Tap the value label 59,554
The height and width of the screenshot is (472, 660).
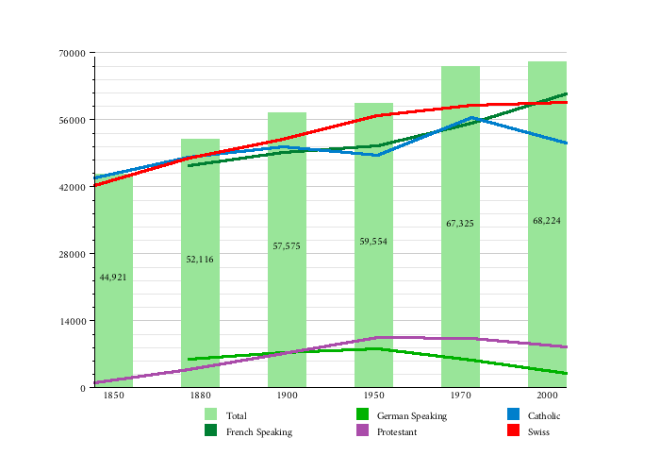373,242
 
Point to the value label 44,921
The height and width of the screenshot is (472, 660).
113,278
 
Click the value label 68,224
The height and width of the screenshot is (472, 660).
547,221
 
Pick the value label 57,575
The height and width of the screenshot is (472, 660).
287,246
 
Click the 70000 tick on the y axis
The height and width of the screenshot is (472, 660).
74,53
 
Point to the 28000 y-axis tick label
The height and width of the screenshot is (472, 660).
74,254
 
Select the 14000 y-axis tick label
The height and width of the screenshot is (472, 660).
74,321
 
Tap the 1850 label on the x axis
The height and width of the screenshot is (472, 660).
113,396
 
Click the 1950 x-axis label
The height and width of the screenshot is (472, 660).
373,396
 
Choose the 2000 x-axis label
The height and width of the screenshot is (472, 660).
547,396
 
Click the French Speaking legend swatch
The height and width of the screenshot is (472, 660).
211,431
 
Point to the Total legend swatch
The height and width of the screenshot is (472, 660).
211,415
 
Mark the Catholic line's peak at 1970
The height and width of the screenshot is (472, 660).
471,118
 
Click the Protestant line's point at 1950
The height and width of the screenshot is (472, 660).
377,337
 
